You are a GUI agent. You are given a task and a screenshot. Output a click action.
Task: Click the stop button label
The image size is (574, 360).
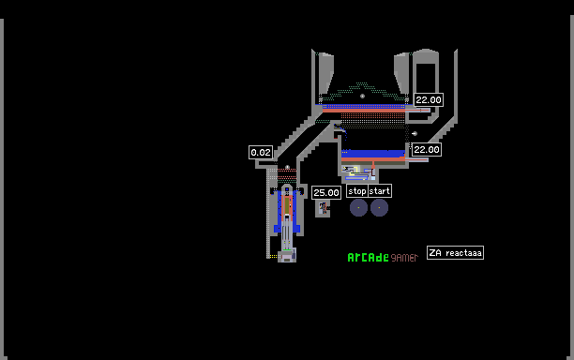click(x=357, y=191)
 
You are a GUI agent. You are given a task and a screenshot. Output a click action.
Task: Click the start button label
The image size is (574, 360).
click(x=380, y=191)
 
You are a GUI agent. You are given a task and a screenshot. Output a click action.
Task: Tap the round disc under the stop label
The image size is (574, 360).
click(x=358, y=207)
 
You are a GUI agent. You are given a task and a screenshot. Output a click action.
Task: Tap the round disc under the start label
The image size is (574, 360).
click(x=379, y=207)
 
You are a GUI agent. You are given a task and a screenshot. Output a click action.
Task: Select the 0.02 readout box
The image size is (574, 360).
click(x=261, y=152)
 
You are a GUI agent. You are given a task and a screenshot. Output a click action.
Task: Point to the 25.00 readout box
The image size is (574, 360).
click(x=326, y=193)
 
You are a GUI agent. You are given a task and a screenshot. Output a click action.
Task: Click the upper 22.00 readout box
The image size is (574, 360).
click(x=429, y=100)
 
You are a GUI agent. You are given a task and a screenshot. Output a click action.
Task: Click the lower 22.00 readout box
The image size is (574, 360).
click(x=427, y=150)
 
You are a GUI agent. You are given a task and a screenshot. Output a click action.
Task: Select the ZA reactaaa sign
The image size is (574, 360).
click(x=455, y=253)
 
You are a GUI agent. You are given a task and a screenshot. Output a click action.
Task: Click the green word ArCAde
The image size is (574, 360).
click(x=368, y=258)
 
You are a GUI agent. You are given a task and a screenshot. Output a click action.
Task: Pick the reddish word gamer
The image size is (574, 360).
click(x=404, y=258)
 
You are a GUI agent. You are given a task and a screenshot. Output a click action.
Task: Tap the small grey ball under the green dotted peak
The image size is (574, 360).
click(x=362, y=97)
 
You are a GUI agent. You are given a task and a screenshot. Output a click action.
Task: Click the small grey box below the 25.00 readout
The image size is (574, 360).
click(x=323, y=208)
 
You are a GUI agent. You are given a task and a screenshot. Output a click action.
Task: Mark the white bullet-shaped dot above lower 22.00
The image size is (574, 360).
click(x=415, y=133)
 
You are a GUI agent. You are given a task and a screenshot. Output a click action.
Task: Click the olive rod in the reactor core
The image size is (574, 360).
click(x=287, y=205)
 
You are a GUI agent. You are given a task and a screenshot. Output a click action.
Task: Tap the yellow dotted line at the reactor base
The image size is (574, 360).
click(x=273, y=257)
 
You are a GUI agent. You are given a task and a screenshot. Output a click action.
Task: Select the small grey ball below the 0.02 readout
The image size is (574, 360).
click(x=287, y=167)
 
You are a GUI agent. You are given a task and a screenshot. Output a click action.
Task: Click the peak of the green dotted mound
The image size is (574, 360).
click(x=362, y=83)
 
